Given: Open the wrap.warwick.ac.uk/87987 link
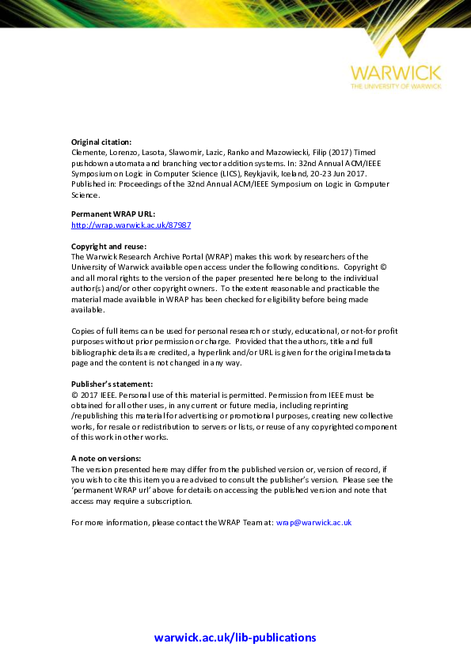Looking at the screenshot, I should click(x=131, y=225).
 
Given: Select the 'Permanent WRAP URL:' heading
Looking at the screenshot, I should click(x=113, y=214).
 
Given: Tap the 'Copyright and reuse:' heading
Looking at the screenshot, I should click(x=108, y=246).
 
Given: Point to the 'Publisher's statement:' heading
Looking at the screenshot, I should click(x=112, y=384).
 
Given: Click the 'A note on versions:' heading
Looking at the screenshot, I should click(x=106, y=459).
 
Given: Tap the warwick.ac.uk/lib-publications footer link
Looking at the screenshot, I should click(x=235, y=638).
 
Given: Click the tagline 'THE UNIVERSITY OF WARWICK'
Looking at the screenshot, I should click(x=395, y=85).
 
